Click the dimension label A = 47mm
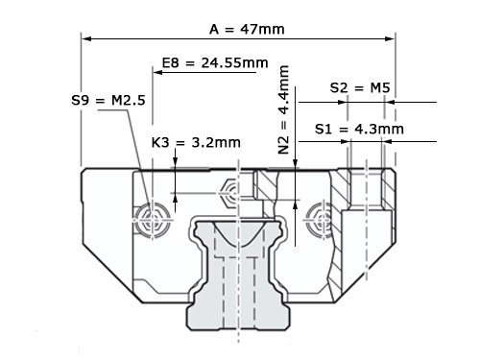(x=247, y=29)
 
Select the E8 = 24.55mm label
(x=215, y=62)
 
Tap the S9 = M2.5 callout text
(x=108, y=100)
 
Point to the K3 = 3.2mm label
(x=196, y=142)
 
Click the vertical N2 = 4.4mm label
(x=284, y=109)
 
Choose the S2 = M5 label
(x=360, y=87)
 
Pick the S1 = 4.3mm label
(x=359, y=129)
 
